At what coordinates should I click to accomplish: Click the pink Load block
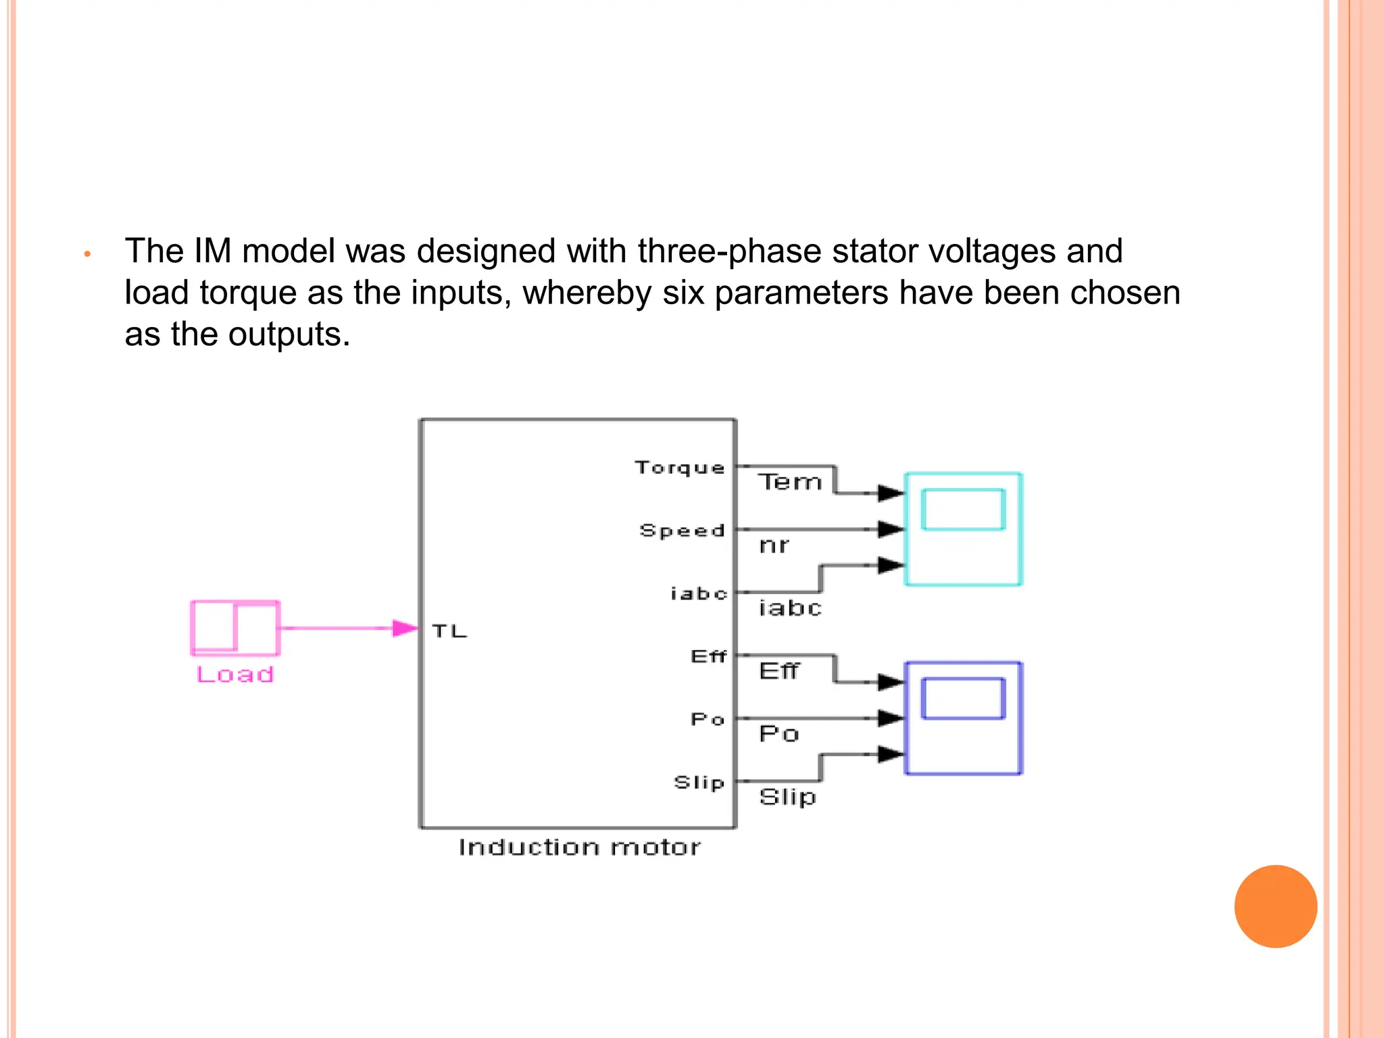click(235, 628)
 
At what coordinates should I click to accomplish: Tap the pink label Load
click(235, 674)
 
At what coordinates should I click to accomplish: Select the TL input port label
click(449, 631)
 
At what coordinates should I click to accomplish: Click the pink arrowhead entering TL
click(405, 628)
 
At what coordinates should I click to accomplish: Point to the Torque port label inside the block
click(679, 468)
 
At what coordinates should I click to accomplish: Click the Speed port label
click(682, 530)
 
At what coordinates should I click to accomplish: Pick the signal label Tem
click(789, 482)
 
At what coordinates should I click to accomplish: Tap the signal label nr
click(774, 545)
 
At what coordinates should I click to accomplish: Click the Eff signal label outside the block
click(779, 671)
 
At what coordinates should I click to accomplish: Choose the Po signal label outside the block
click(779, 734)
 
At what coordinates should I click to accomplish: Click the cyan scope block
click(963, 529)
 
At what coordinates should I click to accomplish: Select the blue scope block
click(963, 718)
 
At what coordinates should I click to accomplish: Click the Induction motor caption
click(579, 847)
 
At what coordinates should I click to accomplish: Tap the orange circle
click(1275, 906)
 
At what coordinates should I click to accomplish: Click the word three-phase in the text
click(730, 251)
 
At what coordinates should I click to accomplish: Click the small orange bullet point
click(87, 255)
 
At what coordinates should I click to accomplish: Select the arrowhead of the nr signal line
click(891, 529)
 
